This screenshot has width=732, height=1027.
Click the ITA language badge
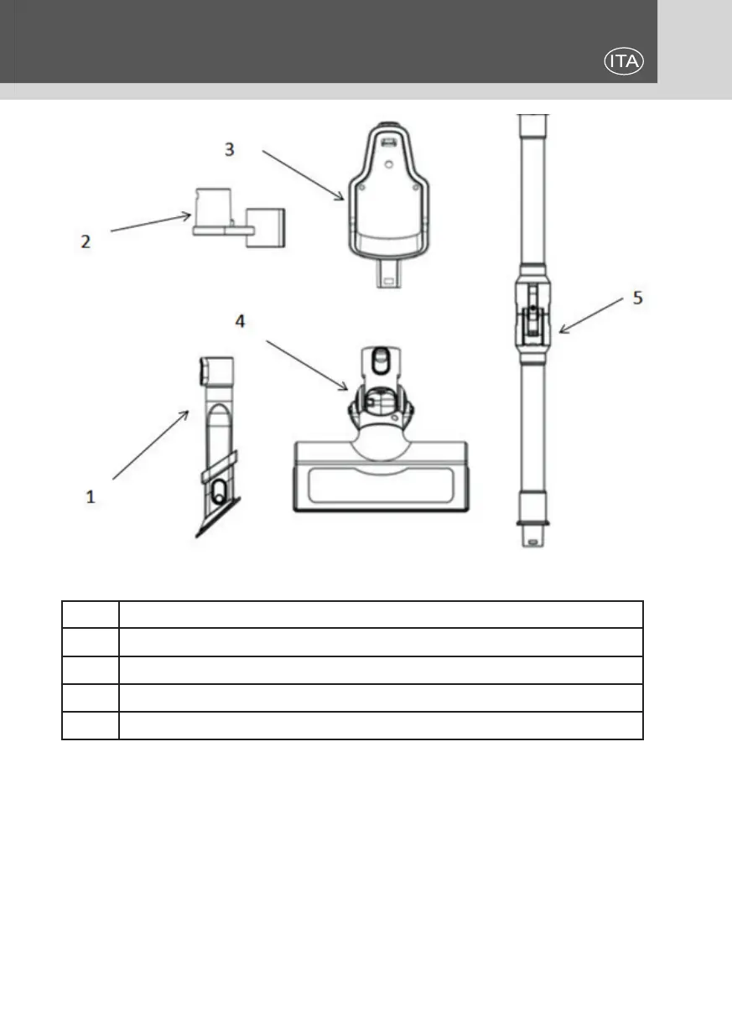pos(622,61)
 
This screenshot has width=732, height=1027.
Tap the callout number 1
pos(91,496)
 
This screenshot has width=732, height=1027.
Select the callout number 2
pos(86,241)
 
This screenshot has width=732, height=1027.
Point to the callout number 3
pos(229,149)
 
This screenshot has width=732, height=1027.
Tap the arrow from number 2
pos(151,223)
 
